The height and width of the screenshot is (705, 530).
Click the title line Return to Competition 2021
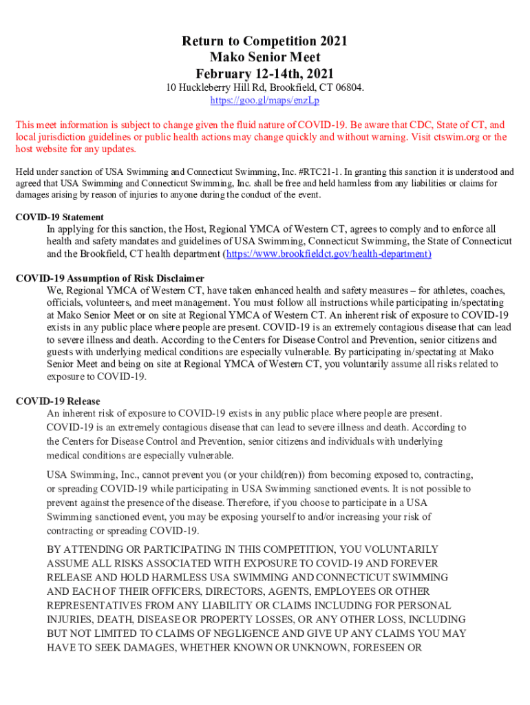click(x=264, y=42)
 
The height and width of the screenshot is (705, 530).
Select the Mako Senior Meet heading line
click(x=264, y=58)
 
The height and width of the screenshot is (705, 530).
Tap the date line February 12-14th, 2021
click(x=264, y=74)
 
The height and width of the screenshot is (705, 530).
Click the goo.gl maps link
click(x=264, y=101)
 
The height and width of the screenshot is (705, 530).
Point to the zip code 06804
click(x=347, y=88)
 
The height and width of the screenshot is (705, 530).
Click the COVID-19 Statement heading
click(x=60, y=218)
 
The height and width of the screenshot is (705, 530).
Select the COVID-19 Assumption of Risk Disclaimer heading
click(x=109, y=279)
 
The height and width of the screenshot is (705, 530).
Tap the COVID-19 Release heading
click(x=58, y=401)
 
